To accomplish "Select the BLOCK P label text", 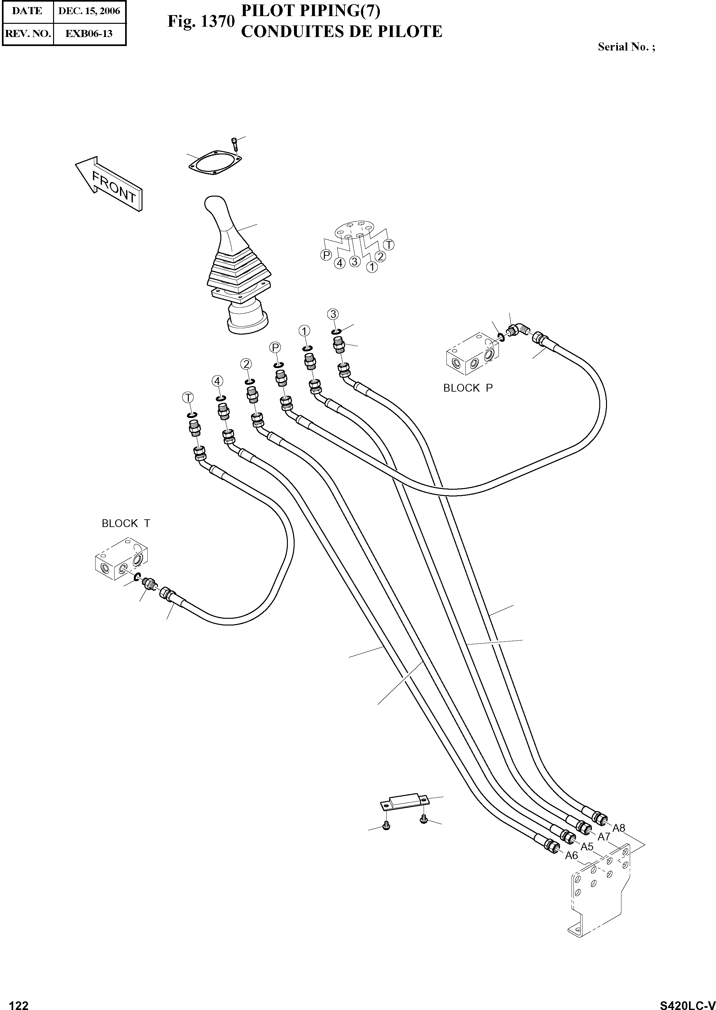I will click(468, 388).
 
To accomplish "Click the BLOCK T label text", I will click(126, 524).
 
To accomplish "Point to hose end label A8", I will click(619, 828).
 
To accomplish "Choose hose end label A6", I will click(571, 855).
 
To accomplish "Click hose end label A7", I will click(603, 836).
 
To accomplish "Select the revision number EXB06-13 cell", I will click(89, 33).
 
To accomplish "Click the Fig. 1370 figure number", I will click(201, 21).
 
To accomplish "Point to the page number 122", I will click(19, 1002).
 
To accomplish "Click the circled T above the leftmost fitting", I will click(188, 397).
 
